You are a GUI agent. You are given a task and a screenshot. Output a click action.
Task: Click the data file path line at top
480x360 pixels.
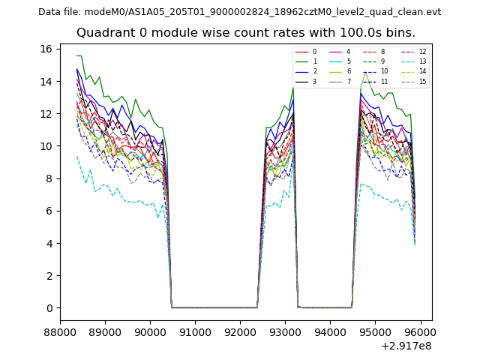239,12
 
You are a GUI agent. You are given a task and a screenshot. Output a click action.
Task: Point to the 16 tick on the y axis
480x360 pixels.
46,49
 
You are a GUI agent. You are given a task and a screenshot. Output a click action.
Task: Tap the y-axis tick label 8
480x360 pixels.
49,178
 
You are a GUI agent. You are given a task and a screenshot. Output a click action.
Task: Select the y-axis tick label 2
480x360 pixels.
49,276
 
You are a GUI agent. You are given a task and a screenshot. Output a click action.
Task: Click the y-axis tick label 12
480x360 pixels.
46,114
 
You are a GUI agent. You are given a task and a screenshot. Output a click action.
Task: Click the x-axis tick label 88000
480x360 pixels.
60,332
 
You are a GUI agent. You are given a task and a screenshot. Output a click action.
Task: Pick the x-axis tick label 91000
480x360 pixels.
195,332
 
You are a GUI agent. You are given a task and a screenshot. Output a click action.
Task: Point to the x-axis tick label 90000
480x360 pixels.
150,332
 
